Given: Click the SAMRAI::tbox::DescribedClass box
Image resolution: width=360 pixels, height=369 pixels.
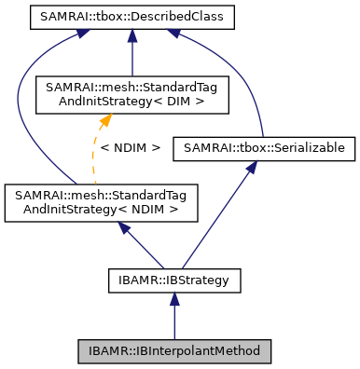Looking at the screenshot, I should click(x=132, y=17).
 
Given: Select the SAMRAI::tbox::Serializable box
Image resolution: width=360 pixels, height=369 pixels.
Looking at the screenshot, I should click(x=263, y=147).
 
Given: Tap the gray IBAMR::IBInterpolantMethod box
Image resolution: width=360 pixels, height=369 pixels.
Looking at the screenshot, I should click(x=174, y=351).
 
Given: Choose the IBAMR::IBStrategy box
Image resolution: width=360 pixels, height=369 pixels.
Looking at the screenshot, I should click(x=174, y=279).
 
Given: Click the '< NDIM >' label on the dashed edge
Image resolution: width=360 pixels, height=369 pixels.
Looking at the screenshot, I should click(x=130, y=147).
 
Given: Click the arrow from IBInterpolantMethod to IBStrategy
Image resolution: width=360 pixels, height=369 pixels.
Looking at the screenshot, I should click(x=174, y=317).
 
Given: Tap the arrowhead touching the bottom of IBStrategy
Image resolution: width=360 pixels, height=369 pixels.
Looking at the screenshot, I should click(x=174, y=297).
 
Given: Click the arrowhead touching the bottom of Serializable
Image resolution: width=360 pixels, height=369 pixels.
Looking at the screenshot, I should click(x=251, y=167).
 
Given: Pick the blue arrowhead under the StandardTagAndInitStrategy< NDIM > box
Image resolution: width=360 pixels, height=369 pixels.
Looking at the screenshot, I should click(x=117, y=228).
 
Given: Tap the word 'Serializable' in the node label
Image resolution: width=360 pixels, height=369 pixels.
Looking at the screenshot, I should click(x=309, y=147).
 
